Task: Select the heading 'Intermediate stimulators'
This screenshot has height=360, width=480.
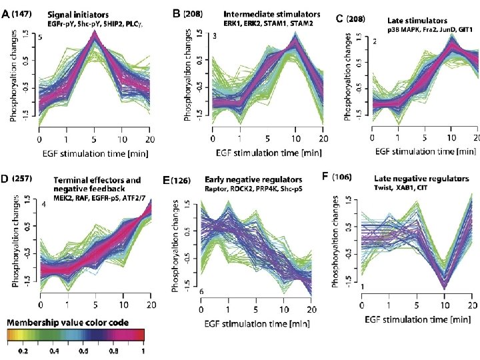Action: pos(272,13)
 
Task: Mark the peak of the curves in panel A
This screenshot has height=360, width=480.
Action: pos(95,37)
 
